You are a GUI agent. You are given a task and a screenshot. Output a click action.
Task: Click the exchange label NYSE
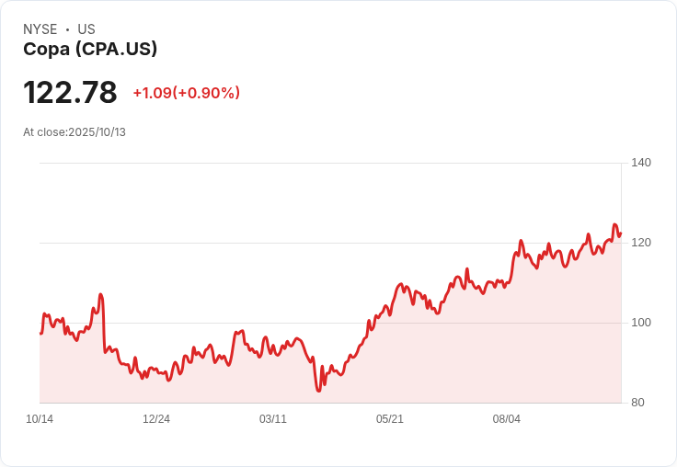tap(40, 29)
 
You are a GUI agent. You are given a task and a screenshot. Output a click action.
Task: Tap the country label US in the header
tap(86, 29)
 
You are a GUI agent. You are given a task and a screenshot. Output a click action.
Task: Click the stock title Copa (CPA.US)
tap(90, 49)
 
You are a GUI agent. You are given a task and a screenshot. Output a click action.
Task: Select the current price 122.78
tap(70, 93)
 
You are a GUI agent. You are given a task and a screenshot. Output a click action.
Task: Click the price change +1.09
tap(152, 93)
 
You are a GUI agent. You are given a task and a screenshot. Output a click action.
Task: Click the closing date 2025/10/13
tap(97, 132)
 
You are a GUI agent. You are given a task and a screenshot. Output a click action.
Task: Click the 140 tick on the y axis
tap(641, 163)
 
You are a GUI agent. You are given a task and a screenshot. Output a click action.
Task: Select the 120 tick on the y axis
tap(641, 243)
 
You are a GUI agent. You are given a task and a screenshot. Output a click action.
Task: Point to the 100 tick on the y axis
tap(641, 323)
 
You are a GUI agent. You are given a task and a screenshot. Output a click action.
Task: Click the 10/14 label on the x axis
tap(40, 419)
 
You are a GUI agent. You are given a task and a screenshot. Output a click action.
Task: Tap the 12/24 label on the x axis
tap(156, 419)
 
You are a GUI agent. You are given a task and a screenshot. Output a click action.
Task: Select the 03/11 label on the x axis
tap(273, 419)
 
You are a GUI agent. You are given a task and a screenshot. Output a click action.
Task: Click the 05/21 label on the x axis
tap(390, 419)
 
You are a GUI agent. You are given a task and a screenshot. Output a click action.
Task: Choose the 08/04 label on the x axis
tap(507, 419)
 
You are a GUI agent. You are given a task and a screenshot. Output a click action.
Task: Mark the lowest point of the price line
tap(318, 391)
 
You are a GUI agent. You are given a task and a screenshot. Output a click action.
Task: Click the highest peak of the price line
tap(615, 224)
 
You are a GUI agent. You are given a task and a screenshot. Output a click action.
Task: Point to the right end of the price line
tap(621, 233)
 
